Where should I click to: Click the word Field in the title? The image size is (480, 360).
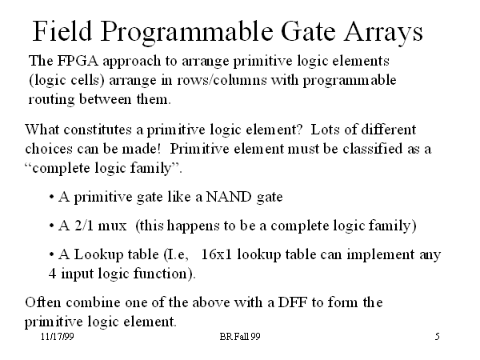click(x=62, y=30)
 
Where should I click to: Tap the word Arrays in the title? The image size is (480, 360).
click(x=383, y=33)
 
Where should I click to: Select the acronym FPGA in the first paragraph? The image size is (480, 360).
click(x=78, y=61)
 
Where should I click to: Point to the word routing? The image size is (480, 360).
click(x=51, y=100)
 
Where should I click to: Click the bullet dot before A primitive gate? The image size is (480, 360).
click(x=51, y=197)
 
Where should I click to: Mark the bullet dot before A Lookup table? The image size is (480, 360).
click(x=51, y=254)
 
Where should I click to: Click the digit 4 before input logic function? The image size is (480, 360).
click(x=52, y=274)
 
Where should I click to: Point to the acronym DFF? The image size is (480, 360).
click(x=293, y=302)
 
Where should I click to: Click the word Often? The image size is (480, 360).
click(x=43, y=302)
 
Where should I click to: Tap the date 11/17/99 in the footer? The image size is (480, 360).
click(x=58, y=337)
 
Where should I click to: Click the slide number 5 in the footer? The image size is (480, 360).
click(x=438, y=337)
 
